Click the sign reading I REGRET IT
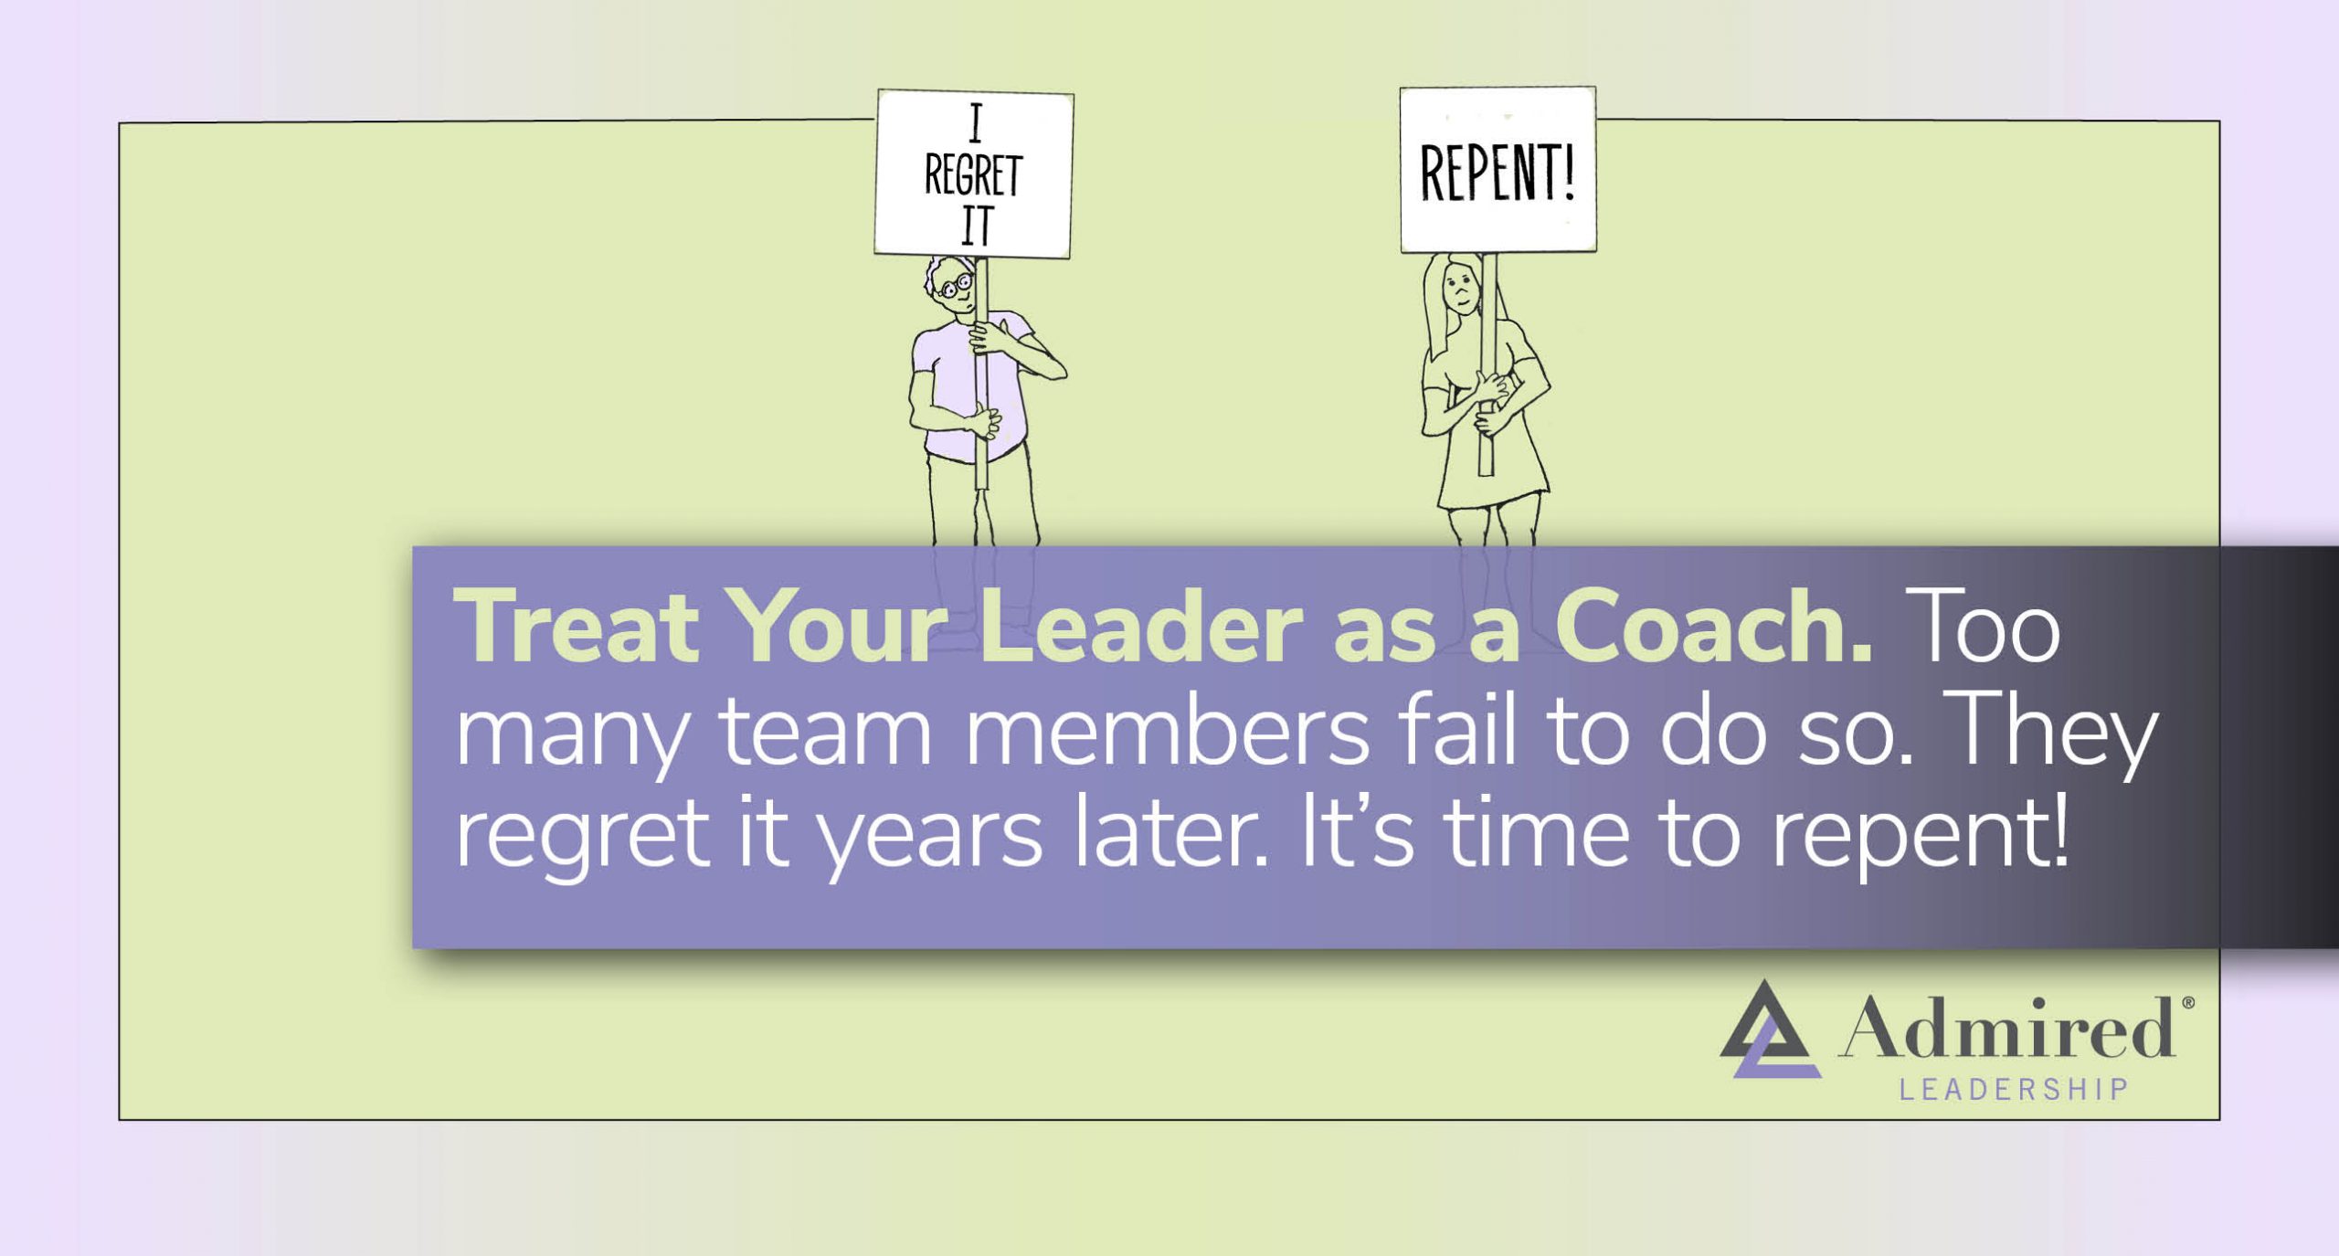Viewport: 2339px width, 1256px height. click(x=974, y=174)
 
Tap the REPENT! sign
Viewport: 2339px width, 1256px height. click(x=1498, y=170)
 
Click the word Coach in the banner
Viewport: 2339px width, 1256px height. click(x=1713, y=628)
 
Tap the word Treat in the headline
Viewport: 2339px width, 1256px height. click(x=576, y=628)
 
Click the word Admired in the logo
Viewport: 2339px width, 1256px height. click(x=2006, y=1028)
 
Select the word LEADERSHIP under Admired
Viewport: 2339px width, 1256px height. click(x=2014, y=1090)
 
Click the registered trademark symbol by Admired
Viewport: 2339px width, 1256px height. click(x=2188, y=1003)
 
